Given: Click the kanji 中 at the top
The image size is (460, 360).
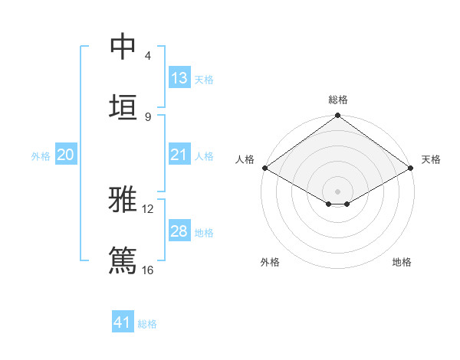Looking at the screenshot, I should pyautogui.click(x=123, y=47).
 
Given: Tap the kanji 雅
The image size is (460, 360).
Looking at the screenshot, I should pyautogui.click(x=123, y=201).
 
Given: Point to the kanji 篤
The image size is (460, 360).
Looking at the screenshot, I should pyautogui.click(x=123, y=260).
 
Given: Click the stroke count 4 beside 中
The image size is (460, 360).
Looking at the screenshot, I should pyautogui.click(x=147, y=56).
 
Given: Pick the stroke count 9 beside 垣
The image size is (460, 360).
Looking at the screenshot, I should pyautogui.click(x=147, y=116).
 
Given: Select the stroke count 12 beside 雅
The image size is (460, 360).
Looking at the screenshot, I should pyautogui.click(x=148, y=209).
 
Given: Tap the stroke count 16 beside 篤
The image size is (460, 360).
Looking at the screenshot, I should pyautogui.click(x=148, y=270).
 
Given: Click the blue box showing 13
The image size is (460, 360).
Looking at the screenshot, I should pyautogui.click(x=179, y=77).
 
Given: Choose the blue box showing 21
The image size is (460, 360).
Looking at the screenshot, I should pyautogui.click(x=179, y=155).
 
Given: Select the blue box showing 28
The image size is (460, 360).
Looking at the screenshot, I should pyautogui.click(x=179, y=231).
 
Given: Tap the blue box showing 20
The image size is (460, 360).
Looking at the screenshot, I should pyautogui.click(x=65, y=155).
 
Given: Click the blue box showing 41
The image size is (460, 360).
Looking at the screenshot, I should pyautogui.click(x=123, y=322).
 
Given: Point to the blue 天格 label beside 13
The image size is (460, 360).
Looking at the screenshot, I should pyautogui.click(x=204, y=79).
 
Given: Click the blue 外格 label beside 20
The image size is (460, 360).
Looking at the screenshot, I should pyautogui.click(x=41, y=156).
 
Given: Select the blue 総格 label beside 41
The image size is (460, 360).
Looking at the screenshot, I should pyautogui.click(x=147, y=324).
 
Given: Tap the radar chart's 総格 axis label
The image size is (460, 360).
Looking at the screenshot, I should pyautogui.click(x=338, y=100).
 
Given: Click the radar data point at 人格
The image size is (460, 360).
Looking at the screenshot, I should pyautogui.click(x=264, y=168).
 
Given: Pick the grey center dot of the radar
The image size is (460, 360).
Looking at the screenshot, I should pyautogui.click(x=338, y=191).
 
